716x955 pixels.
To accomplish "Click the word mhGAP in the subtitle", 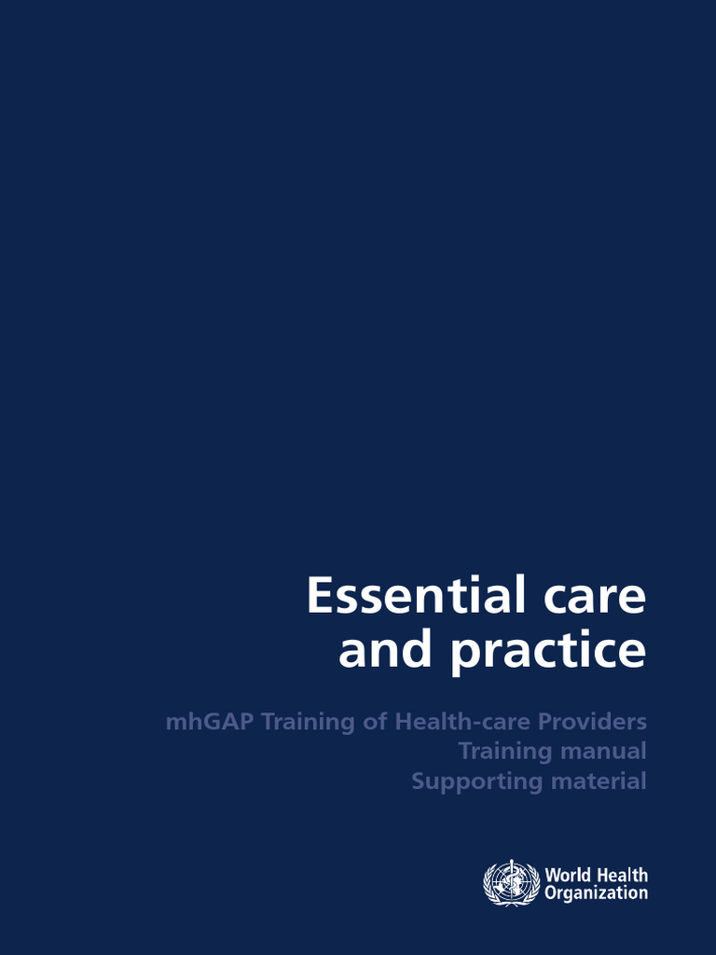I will [210, 722].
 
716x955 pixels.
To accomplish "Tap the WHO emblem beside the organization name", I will [511, 882].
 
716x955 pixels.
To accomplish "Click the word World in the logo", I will [568, 875].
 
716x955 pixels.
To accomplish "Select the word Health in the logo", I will [622, 875].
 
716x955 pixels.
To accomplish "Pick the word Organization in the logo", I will [597, 893].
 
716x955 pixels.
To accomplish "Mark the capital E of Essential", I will [319, 596].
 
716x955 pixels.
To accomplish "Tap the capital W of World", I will [553, 875].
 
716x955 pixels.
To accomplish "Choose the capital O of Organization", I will [551, 893].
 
